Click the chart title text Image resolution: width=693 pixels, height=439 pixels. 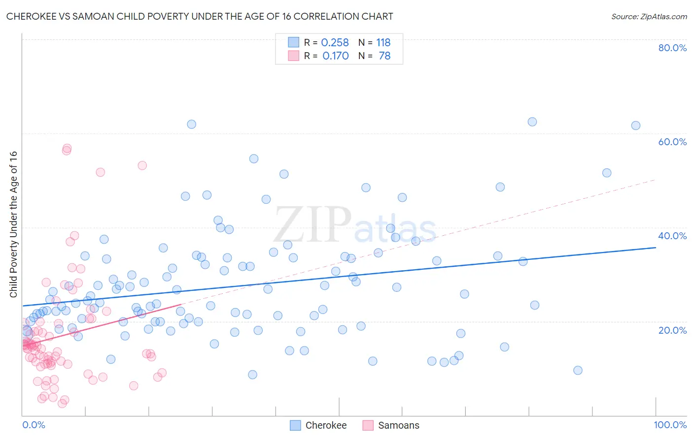200,16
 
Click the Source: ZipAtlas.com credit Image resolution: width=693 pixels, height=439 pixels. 649,16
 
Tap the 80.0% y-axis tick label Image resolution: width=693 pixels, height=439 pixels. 672,48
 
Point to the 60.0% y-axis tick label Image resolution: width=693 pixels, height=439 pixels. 672,142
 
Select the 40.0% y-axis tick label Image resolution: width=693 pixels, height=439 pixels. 672,236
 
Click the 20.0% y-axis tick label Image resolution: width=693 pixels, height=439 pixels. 672,330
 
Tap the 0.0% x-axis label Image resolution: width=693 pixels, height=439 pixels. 34,425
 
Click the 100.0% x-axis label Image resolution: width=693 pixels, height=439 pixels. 670,425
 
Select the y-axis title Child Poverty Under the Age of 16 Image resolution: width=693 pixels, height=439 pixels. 14,224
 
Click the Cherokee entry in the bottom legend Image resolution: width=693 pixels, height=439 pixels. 326,425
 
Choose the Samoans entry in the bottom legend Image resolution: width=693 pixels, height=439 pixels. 398,425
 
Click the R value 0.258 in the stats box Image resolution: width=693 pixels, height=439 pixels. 335,43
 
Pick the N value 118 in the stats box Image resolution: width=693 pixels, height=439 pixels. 383,43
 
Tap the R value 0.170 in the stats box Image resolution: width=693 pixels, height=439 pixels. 335,56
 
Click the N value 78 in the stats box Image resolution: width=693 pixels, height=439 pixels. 384,56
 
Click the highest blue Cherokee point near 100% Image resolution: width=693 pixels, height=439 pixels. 636,125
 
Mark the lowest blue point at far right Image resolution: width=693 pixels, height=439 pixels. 578,370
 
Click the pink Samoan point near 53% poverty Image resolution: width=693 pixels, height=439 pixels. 142,165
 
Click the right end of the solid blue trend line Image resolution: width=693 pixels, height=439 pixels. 656,248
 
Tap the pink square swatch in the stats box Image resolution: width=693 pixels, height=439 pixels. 294,56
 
